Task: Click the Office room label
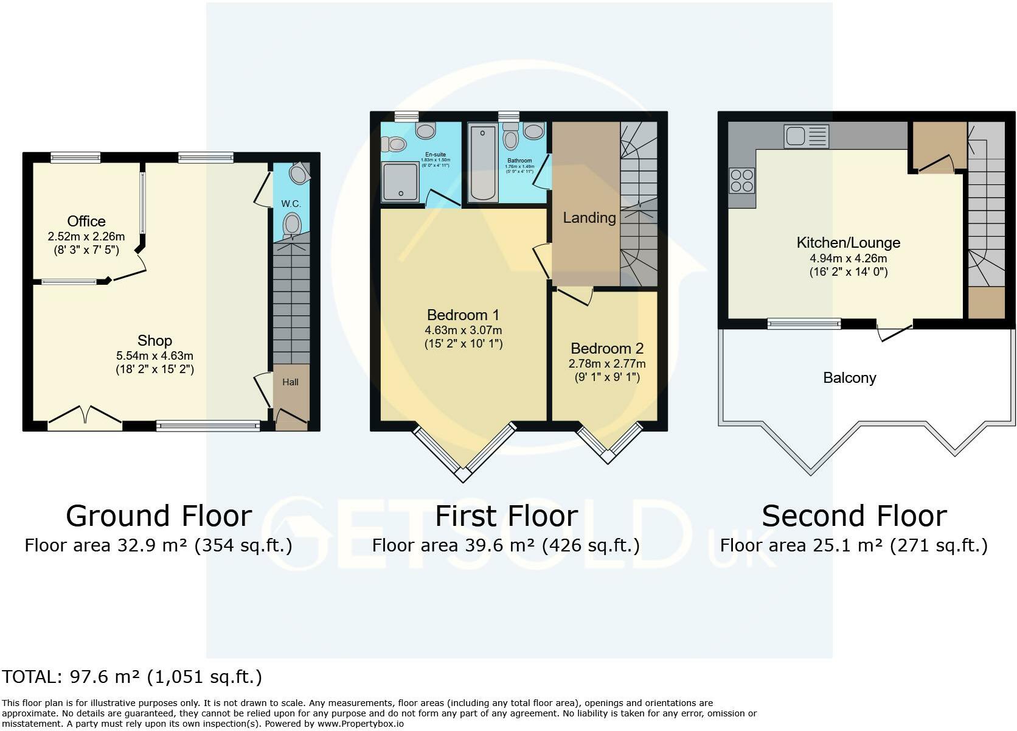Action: tap(86, 221)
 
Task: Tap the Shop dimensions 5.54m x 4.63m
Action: tap(154, 355)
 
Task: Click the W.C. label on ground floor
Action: tap(291, 203)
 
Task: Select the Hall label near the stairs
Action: tap(290, 382)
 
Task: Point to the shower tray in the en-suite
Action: tap(400, 181)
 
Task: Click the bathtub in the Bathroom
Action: tap(483, 163)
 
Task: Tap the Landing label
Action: tap(589, 217)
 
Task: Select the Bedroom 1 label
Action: tap(463, 315)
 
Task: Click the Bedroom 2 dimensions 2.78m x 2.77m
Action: tap(607, 364)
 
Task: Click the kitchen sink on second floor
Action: tap(806, 136)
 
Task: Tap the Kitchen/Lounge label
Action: tap(848, 242)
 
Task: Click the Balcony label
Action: tap(849, 378)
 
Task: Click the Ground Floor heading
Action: tap(158, 516)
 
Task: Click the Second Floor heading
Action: tap(853, 516)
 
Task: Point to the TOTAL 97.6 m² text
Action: tap(131, 677)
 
